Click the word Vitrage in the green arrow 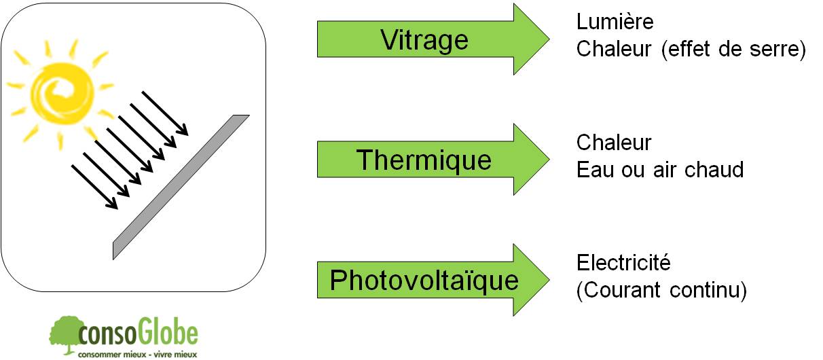tap(424, 40)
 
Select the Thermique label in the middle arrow tap(424, 160)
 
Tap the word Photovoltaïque tap(424, 280)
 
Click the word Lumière tap(615, 22)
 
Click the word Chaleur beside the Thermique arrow tap(614, 143)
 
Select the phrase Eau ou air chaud tap(660, 169)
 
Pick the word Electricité tap(623, 262)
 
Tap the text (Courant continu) tap(661, 290)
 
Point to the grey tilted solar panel tap(181, 186)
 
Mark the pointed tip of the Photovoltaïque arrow tap(547, 280)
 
